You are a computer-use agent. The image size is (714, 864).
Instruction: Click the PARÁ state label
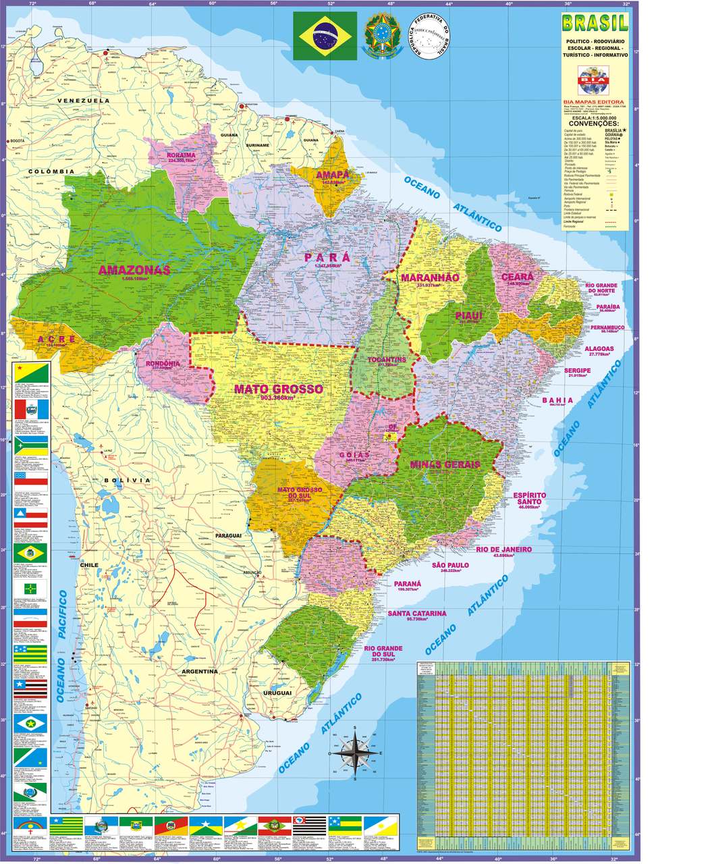click(x=327, y=257)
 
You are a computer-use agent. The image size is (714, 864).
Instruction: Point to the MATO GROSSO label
click(x=278, y=389)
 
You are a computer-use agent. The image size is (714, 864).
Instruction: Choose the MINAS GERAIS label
click(x=445, y=464)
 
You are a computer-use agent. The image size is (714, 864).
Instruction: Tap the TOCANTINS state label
click(x=387, y=360)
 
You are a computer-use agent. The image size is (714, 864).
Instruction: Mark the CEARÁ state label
click(x=518, y=277)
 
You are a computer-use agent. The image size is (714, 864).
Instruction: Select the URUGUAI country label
click(x=277, y=693)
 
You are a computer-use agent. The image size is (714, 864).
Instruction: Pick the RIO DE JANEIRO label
click(x=503, y=549)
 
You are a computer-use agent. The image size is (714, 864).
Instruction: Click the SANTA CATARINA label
click(x=416, y=614)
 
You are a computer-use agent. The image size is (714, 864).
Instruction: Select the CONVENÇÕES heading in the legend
click(x=593, y=124)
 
